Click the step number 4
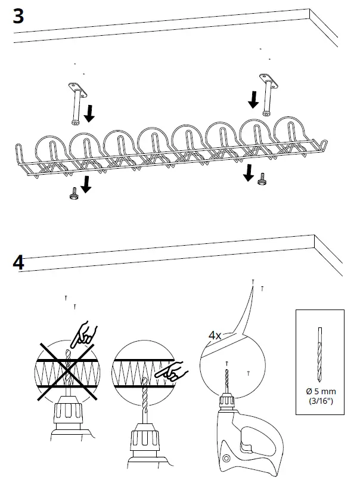click(x=18, y=262)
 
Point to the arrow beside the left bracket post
click(x=89, y=113)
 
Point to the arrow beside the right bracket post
click(x=253, y=100)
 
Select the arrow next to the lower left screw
click(x=86, y=185)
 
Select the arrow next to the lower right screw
click(x=248, y=174)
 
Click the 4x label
click(x=215, y=336)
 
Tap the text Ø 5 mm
click(x=321, y=391)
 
